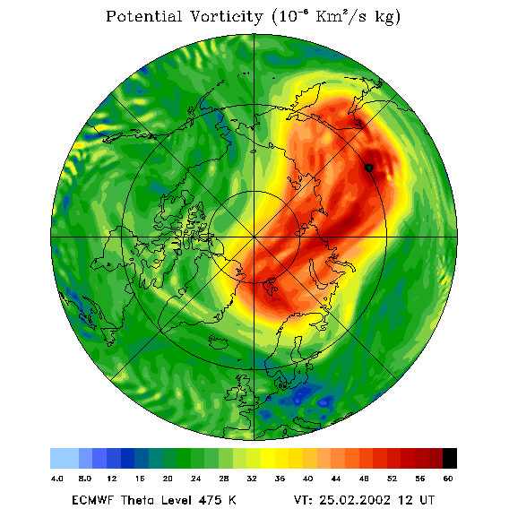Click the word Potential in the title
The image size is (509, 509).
[x=143, y=16]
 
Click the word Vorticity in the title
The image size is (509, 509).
[x=226, y=16]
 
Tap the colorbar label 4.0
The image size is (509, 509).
[x=56, y=479]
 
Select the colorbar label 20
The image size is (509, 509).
[x=168, y=479]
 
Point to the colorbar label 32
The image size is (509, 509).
[x=252, y=479]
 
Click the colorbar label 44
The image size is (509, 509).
[x=336, y=479]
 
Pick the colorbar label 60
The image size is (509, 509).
[x=448, y=479]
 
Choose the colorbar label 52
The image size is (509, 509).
[x=392, y=479]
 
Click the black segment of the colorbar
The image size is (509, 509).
[x=450, y=458]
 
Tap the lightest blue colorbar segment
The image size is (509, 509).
[x=65, y=458]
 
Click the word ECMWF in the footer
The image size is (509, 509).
[x=93, y=499]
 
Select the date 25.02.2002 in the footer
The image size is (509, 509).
[x=355, y=499]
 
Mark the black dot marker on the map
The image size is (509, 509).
[x=369, y=168]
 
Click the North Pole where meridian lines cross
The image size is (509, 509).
[x=254, y=237]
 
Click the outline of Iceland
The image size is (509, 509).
[x=219, y=341]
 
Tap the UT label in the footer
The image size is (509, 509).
[x=427, y=499]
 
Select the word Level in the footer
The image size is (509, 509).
[x=176, y=499]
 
